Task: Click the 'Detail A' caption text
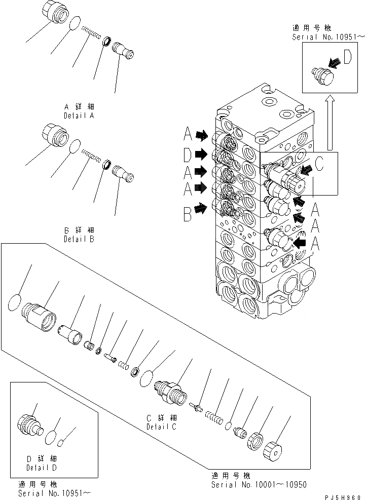80,116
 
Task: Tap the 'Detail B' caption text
80,239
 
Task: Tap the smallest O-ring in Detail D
60,443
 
